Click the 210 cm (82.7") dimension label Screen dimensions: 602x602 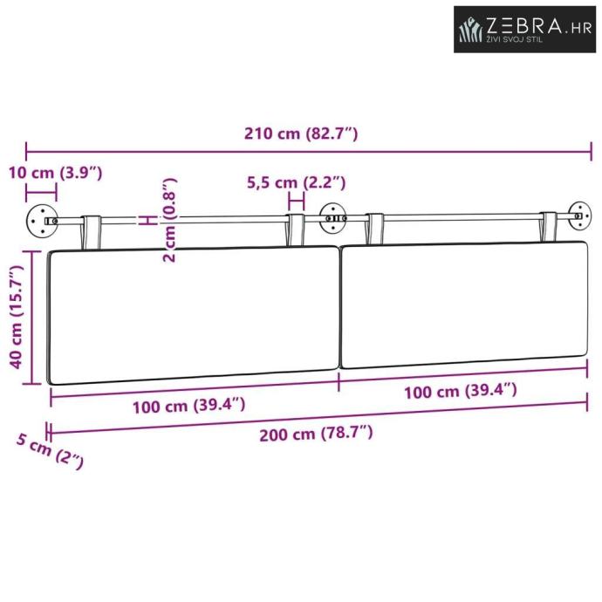(x=301, y=133)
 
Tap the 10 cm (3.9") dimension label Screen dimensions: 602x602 (x=56, y=173)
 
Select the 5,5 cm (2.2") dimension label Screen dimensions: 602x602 (x=296, y=182)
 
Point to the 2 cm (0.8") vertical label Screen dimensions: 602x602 (x=169, y=220)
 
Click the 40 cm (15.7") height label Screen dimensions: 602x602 (x=17, y=317)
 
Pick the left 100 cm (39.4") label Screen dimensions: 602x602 (x=189, y=406)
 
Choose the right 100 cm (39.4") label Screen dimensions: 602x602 (x=461, y=391)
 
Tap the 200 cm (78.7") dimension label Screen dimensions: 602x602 (x=316, y=434)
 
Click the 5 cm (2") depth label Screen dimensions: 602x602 (x=50, y=451)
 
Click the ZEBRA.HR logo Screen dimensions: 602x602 (x=525, y=29)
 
